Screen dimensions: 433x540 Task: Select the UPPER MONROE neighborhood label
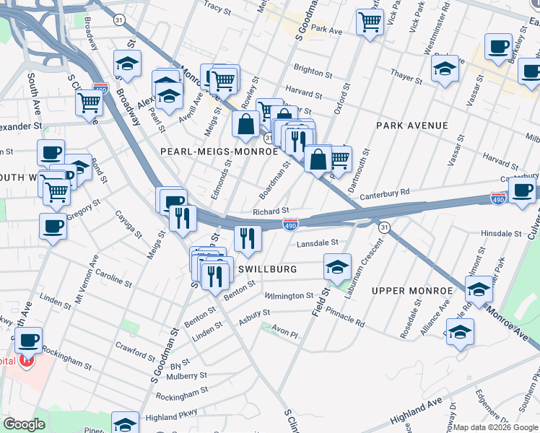point(412,290)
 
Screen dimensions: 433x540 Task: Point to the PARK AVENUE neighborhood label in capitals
point(412,126)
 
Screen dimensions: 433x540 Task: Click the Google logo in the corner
point(24,424)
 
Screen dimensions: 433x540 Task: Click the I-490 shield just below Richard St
point(290,224)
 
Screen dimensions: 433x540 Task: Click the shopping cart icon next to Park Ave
point(370,22)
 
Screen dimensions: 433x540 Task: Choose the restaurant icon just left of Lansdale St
point(248,239)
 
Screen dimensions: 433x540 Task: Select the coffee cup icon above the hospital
point(28,340)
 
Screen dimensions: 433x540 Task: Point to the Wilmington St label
point(288,296)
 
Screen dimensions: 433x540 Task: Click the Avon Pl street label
point(284,333)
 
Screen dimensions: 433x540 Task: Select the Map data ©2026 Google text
point(495,427)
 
